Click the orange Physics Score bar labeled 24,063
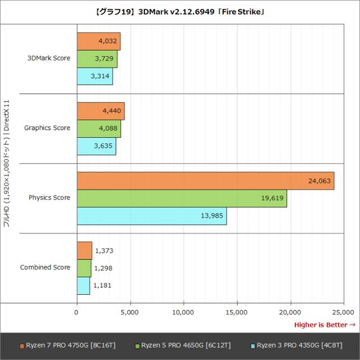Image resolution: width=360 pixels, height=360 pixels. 205,181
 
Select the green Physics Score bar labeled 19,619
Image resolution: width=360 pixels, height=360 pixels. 182,198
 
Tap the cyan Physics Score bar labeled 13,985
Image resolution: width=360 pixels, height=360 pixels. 152,216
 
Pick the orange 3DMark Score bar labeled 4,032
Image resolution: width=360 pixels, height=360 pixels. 98,41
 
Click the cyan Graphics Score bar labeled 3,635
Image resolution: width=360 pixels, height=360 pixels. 96,146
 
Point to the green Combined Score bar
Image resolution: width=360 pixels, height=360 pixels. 84,268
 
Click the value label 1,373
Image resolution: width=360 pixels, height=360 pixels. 104,250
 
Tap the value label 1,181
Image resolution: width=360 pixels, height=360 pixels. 103,285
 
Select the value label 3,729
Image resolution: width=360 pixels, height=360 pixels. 105,58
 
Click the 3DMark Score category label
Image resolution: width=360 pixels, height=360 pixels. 49,58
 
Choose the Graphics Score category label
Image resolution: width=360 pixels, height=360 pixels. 47,128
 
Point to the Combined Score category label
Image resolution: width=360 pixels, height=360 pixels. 46,267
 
